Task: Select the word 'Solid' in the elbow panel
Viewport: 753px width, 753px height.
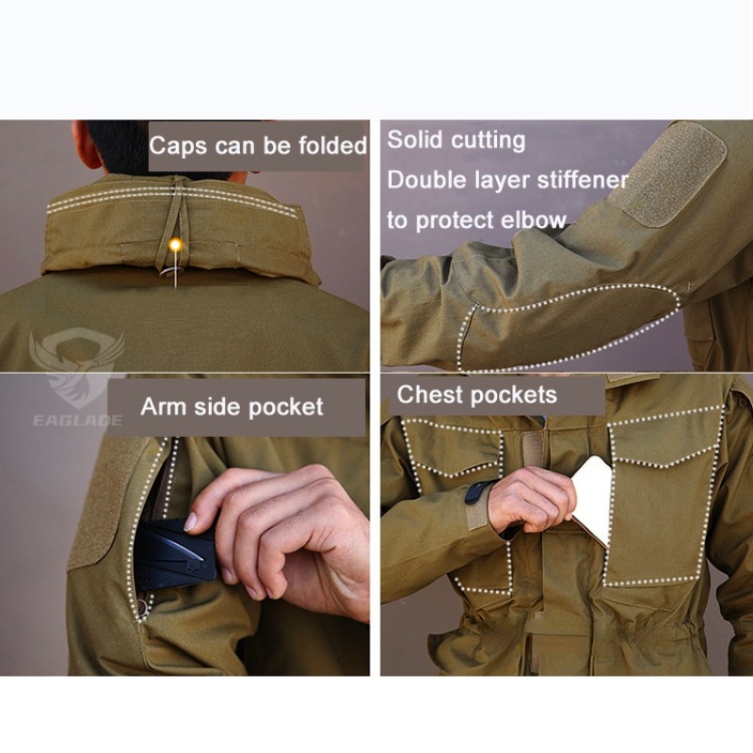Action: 414,139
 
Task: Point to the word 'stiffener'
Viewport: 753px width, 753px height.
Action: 583,180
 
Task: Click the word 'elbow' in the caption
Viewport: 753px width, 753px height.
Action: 534,220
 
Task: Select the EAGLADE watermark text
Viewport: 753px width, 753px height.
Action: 77,421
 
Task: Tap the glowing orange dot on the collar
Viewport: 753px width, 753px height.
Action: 176,245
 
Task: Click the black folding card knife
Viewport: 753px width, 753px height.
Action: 176,554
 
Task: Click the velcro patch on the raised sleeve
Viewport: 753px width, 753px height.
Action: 676,173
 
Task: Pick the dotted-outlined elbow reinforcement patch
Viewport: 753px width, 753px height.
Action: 567,327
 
